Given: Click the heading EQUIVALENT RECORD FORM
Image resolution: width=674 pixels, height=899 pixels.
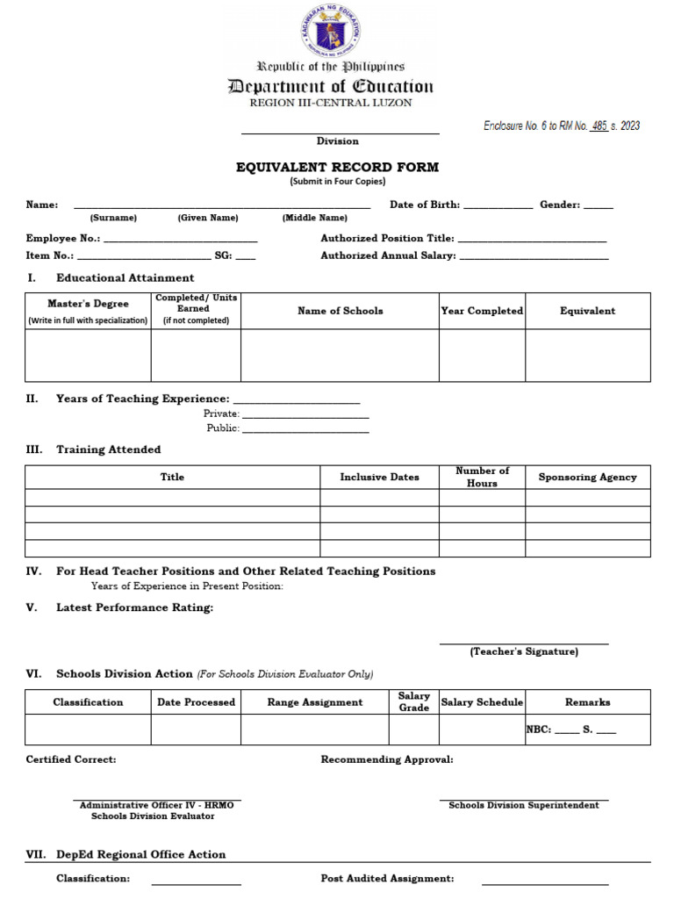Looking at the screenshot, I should (337, 167).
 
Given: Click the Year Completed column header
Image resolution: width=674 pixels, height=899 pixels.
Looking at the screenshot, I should (482, 311).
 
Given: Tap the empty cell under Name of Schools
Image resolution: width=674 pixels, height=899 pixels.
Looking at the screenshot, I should (340, 356).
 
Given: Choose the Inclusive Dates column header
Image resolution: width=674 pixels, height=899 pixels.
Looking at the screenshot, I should (379, 477).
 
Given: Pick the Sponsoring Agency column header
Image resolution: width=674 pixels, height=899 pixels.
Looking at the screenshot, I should (587, 477).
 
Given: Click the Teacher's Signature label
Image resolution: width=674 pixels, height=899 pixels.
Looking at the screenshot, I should (524, 651).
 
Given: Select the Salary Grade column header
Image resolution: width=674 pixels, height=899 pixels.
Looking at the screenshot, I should (413, 701).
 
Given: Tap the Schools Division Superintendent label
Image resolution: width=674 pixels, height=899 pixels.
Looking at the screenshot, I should (524, 805).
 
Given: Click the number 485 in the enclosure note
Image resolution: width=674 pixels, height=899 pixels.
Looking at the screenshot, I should (599, 126).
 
